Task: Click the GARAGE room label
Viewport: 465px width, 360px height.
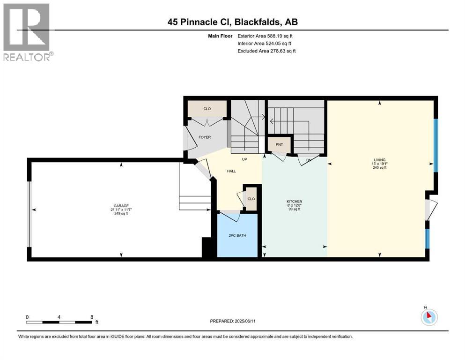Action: [121, 205]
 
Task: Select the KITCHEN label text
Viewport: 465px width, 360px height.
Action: [295, 201]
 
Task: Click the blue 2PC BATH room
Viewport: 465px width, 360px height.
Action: [237, 236]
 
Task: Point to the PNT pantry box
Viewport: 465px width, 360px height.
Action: [280, 145]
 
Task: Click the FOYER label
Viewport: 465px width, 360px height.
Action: [204, 137]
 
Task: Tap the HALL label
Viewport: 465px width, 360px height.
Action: [231, 171]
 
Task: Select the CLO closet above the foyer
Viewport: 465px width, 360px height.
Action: [207, 109]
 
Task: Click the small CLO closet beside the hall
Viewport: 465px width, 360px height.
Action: [251, 199]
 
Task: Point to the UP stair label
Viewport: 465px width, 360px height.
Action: [244, 159]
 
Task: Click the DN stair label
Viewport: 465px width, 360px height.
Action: [309, 160]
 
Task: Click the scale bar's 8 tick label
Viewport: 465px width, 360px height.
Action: [91, 317]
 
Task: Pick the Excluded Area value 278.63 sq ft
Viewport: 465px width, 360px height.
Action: [280, 51]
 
